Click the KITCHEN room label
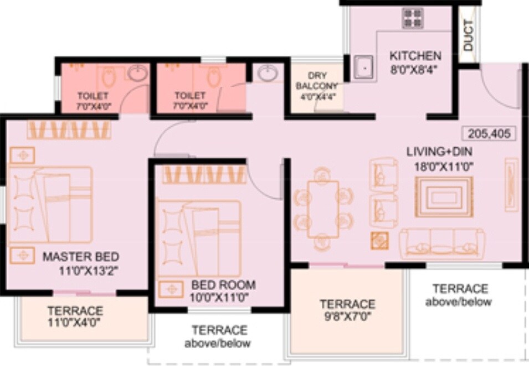pyautogui.click(x=415, y=56)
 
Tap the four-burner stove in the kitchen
pyautogui.click(x=413, y=18)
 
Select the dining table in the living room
pyautogui.click(x=323, y=208)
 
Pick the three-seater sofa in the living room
pyautogui.click(x=442, y=243)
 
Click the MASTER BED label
pyautogui.click(x=81, y=257)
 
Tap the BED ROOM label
pyautogui.click(x=224, y=285)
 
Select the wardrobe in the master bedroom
pyautogui.click(x=69, y=130)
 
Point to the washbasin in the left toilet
pyautogui.click(x=137, y=73)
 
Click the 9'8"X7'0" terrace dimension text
pyautogui.click(x=348, y=317)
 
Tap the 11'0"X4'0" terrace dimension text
pyautogui.click(x=75, y=322)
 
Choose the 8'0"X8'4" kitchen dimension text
pyautogui.click(x=415, y=69)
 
